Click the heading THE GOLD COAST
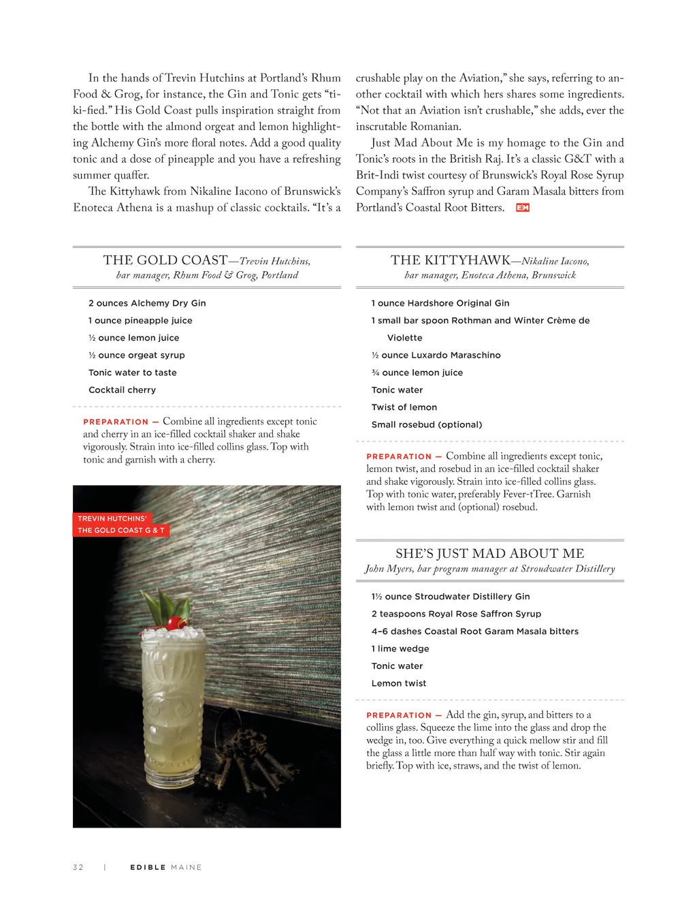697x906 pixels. point(165,260)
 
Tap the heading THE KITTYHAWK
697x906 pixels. point(450,260)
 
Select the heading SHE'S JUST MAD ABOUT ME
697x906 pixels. point(489,554)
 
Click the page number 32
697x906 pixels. point(78,867)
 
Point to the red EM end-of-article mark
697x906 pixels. point(522,208)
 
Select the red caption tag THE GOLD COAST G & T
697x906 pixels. point(120,530)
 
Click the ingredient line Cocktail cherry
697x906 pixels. point(122,390)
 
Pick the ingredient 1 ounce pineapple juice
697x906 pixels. point(140,321)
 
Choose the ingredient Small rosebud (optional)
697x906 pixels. point(426,425)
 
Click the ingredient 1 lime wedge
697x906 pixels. point(400,649)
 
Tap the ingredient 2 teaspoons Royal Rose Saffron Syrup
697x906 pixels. point(456,614)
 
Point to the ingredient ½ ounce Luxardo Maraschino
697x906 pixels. point(436,356)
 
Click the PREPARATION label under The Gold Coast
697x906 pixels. point(116,422)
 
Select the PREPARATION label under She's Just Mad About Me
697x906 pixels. point(399,715)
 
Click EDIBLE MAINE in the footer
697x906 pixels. point(165,867)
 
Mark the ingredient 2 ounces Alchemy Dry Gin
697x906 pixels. point(147,304)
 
